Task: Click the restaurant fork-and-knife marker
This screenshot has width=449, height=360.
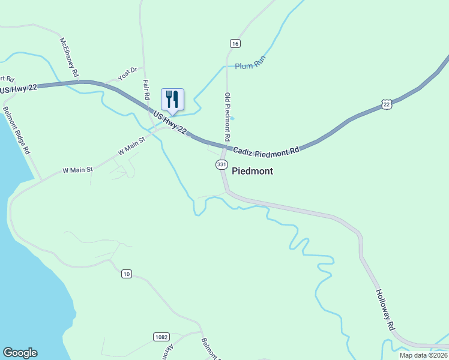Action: (x=172, y=100)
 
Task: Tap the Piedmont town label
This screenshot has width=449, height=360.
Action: (x=252, y=171)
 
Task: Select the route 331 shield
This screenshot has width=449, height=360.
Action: (x=222, y=164)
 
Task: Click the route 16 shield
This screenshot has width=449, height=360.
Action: (x=235, y=43)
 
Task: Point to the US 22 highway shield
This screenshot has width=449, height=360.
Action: (x=387, y=105)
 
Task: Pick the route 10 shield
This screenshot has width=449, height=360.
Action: (x=126, y=274)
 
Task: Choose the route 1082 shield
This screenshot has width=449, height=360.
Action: (x=160, y=337)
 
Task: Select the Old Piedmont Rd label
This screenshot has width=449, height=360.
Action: (x=228, y=116)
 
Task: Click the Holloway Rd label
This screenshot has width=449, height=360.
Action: (x=385, y=310)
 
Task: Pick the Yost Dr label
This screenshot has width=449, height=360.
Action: (x=127, y=74)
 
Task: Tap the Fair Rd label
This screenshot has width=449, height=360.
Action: (x=146, y=89)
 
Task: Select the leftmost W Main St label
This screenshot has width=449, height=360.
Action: (x=78, y=170)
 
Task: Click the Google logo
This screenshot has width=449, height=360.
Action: (x=20, y=353)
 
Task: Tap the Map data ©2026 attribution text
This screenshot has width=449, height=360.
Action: (x=424, y=355)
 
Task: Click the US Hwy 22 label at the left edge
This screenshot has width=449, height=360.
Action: (x=19, y=89)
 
